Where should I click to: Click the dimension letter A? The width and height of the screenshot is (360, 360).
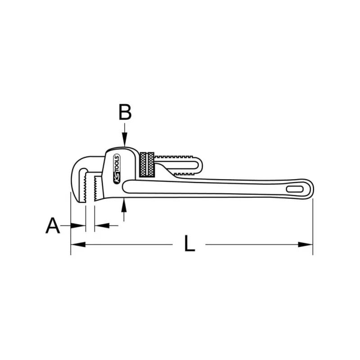[x=53, y=225]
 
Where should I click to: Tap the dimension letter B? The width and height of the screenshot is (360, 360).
[x=125, y=112]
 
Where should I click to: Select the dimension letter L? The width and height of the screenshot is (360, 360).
[x=189, y=244]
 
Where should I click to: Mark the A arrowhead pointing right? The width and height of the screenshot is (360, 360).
[x=81, y=225]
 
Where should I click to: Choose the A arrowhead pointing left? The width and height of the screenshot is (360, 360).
[x=99, y=225]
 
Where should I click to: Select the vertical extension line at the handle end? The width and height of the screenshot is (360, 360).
[x=313, y=225]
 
